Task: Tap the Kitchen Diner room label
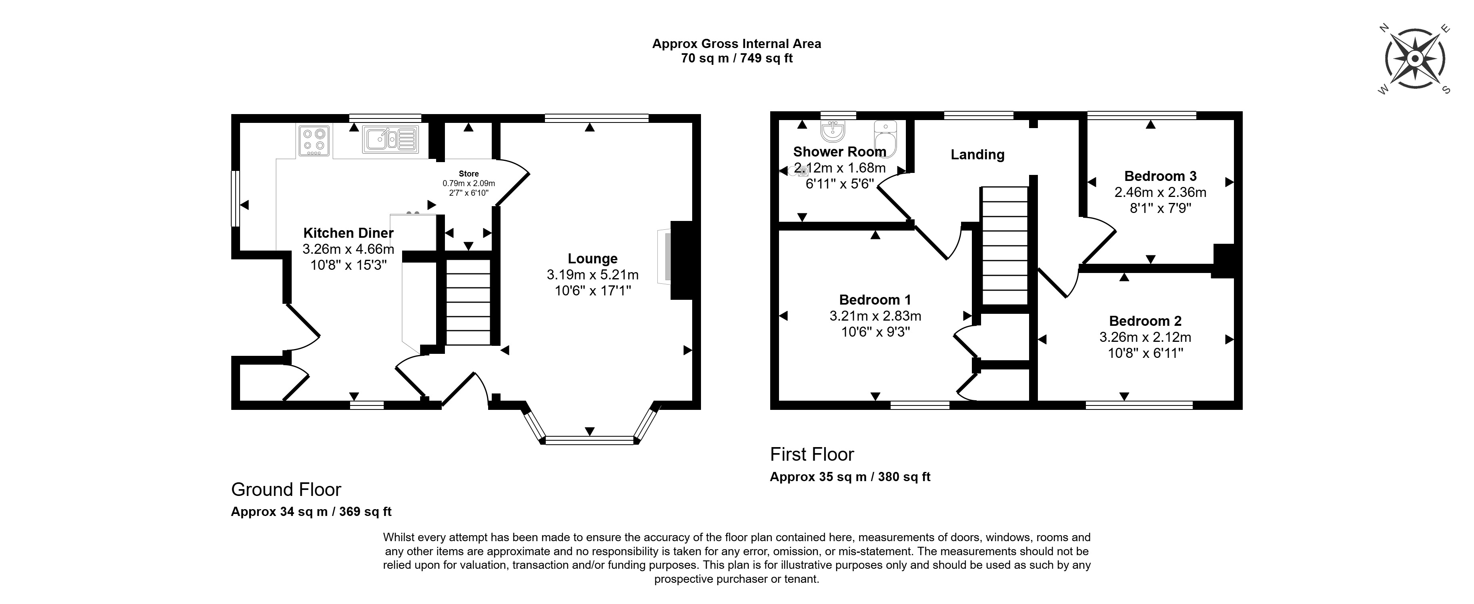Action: pyautogui.click(x=348, y=233)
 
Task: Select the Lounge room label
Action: pyautogui.click(x=592, y=259)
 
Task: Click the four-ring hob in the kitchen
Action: pyautogui.click(x=314, y=141)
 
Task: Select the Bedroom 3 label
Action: pyautogui.click(x=1160, y=177)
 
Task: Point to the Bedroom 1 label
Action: pyautogui.click(x=875, y=300)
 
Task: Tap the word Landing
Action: pyautogui.click(x=977, y=155)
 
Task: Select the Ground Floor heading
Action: pyautogui.click(x=286, y=490)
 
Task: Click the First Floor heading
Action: pyautogui.click(x=812, y=455)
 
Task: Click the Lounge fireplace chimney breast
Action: pyautogui.click(x=681, y=261)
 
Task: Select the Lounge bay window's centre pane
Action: pyautogui.click(x=590, y=440)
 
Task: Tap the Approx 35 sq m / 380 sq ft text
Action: pyautogui.click(x=850, y=477)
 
